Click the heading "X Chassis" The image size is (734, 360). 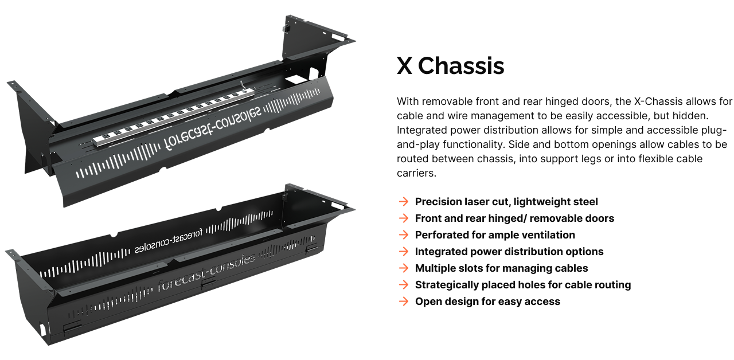coord(450,66)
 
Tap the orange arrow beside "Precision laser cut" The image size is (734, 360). coord(404,201)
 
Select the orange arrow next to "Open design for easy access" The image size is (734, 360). coord(404,302)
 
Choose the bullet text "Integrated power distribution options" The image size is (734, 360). coord(509,252)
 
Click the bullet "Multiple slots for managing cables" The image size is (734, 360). coord(501,268)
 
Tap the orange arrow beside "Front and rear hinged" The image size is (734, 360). coord(404,218)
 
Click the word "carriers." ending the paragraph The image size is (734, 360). coord(416,173)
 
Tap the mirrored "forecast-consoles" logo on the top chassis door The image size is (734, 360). coord(212,128)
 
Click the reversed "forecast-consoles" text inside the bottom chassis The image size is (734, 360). coord(169,242)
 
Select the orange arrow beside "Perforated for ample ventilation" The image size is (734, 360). coord(404,235)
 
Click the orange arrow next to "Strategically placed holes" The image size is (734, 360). coord(404,285)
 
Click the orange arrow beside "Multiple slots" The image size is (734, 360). coord(404,268)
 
